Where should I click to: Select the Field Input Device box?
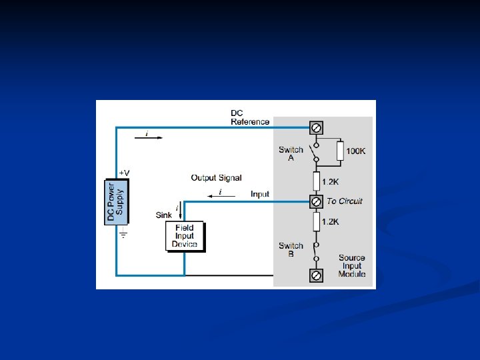tap(184, 236)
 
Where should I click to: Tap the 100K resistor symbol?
tap(340, 151)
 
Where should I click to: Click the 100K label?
tap(355, 151)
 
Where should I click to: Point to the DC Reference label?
tap(249, 117)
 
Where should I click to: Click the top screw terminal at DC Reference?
tap(317, 127)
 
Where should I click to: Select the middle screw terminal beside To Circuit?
tap(317, 201)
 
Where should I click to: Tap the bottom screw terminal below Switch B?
tap(317, 275)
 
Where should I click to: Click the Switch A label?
tap(291, 154)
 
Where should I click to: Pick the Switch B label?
tap(291, 249)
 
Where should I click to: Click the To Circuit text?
tap(345, 201)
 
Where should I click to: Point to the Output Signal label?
tap(216, 178)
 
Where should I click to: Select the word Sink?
tap(163, 215)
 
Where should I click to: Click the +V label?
tap(124, 173)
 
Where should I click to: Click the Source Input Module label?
tap(351, 266)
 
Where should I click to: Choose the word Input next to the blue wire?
tap(260, 194)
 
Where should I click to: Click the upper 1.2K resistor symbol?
tap(317, 181)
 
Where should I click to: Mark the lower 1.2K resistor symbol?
tap(317, 221)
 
